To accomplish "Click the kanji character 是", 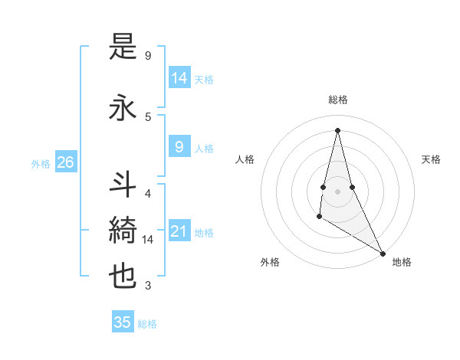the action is [x=123, y=48].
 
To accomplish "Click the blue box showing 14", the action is [x=179, y=77].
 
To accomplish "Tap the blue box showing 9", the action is [x=179, y=146].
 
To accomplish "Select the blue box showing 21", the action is [x=179, y=231].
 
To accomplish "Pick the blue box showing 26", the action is [x=65, y=162].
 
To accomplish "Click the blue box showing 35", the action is [x=123, y=322].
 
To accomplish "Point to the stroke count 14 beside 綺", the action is [x=148, y=240].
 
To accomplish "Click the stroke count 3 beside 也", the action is [x=148, y=286].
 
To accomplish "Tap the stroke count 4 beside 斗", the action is [x=148, y=193].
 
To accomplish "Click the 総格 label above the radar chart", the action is [x=337, y=100].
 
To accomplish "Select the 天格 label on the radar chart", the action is [x=432, y=159].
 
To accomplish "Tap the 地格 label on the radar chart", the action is [x=402, y=262].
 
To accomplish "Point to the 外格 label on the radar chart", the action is [x=270, y=262].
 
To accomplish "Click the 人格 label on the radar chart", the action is [x=245, y=159].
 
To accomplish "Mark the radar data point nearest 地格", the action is [x=383, y=253].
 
